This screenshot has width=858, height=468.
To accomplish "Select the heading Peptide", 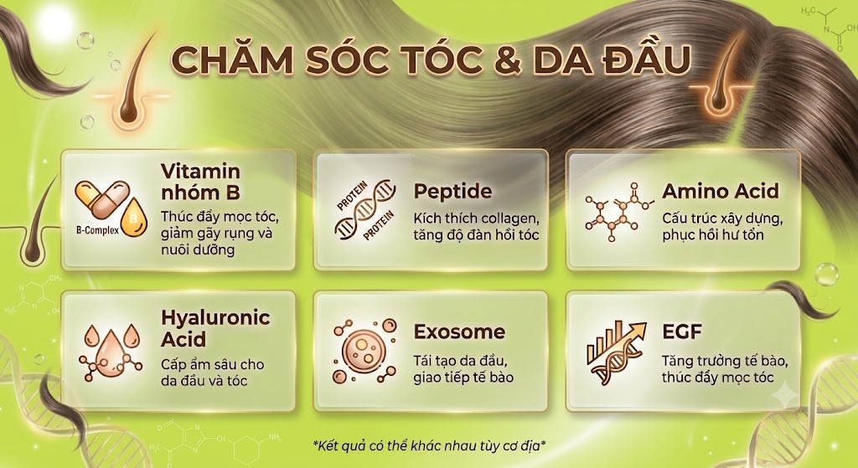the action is pos(452,192).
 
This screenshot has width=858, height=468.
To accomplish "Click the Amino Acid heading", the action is pos(720,191).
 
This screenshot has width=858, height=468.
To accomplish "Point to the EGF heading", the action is pos(681,332).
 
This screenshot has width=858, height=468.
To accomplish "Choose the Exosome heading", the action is pos(459,332).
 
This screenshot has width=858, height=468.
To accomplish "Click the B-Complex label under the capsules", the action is pos(97,230).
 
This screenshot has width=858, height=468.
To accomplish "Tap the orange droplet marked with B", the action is pos(134,218).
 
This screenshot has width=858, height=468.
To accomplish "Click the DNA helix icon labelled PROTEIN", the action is pos(365,210).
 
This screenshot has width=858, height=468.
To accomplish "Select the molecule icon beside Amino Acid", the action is pos(619,212).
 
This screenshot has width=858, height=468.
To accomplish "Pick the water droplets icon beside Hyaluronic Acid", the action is pos(111,352).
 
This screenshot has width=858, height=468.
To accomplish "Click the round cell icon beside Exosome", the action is pos(364,351).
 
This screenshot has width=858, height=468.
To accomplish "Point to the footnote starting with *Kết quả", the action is pos(429,445).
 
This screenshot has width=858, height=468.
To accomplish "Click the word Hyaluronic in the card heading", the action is pos(215,317).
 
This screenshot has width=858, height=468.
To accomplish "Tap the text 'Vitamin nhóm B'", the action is pos(201,182).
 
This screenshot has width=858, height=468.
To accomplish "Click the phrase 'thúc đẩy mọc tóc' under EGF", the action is pos(717,378).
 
